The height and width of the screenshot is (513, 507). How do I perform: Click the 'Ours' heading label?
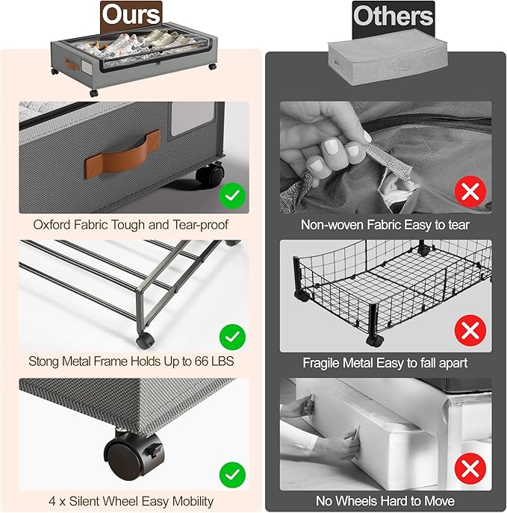coord(131,15)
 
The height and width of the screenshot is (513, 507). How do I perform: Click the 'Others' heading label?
coord(394,16)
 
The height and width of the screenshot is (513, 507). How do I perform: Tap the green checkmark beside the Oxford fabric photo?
coord(232,196)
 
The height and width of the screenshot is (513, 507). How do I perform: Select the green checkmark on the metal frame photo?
coord(232,337)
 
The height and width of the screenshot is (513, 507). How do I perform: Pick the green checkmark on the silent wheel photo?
coord(232,475)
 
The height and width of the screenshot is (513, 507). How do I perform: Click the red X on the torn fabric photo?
coord(470,191)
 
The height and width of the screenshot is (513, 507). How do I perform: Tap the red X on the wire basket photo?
coord(470,331)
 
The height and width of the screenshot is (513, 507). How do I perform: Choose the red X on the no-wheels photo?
coord(470,469)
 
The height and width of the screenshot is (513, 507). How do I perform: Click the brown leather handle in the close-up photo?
coord(122,155)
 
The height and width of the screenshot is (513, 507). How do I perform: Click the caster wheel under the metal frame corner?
coord(145,341)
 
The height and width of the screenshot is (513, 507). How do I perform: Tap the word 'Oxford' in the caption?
coord(52,225)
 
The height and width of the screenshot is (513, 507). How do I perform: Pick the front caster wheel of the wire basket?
coord(375,341)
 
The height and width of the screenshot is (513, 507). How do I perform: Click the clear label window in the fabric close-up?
coord(193,119)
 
